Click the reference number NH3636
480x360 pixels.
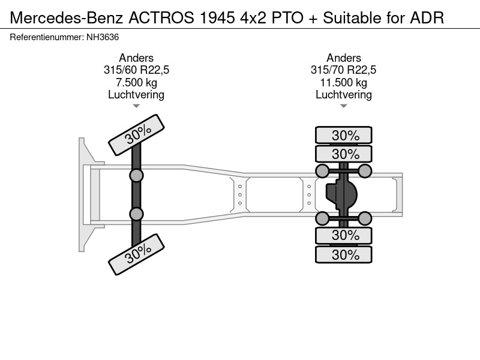pos(103,37)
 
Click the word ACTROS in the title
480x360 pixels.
pos(161,18)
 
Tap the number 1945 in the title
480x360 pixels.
pos(217,18)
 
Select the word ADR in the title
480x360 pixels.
pos(427,18)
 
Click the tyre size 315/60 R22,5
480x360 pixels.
pos(136,70)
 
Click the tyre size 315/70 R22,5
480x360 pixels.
pos(343,70)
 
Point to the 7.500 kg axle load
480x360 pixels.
pos(136,82)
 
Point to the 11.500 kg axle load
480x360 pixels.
pos(343,82)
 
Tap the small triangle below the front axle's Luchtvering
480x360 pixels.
pos(136,106)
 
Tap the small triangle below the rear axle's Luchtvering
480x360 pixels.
pos(343,106)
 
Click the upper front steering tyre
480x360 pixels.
pos(137,135)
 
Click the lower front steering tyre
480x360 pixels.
pos(137,254)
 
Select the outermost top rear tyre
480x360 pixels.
pos(344,135)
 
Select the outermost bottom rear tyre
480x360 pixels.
pos(344,254)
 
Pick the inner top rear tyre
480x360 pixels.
pos(344,154)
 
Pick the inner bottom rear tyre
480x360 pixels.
pos(344,235)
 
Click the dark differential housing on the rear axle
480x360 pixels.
pos(341,194)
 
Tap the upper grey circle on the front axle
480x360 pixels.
pos(136,176)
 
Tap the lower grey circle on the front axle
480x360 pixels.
pos(136,214)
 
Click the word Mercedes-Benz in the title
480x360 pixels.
pos(67,18)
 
